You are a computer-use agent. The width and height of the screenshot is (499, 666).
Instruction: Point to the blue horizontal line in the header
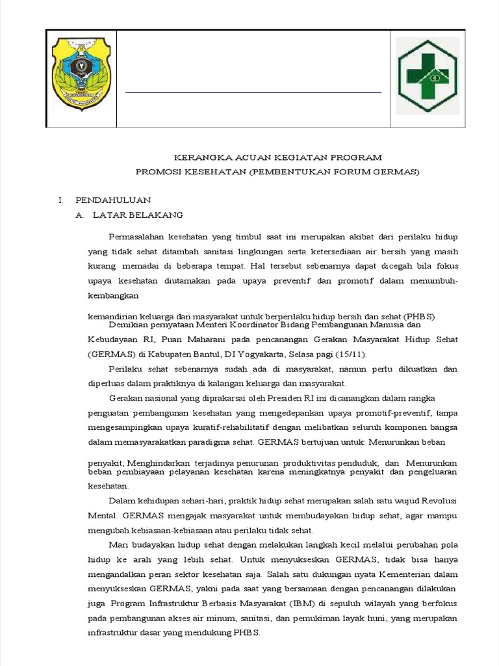point(253,93)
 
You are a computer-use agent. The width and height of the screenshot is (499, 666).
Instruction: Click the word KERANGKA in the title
point(199,158)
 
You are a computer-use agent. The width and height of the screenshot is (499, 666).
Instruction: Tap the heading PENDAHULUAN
point(114,200)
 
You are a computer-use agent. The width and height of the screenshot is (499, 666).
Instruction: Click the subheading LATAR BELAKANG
point(138,215)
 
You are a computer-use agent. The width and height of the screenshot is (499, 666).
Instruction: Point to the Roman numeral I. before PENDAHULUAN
point(60,200)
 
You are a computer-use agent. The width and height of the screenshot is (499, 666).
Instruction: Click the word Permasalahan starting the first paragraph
point(136,237)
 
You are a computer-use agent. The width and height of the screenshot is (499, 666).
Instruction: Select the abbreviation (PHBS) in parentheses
point(420,317)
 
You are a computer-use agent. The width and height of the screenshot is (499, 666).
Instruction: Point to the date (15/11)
point(352,354)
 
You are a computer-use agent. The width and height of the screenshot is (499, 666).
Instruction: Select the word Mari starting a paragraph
point(118,545)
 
